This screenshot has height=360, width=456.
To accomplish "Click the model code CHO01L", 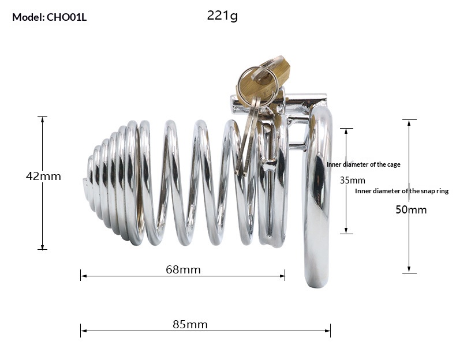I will [66, 17].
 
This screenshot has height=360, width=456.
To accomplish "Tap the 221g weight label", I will [222, 16].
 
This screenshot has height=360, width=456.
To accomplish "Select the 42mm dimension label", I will [43, 177].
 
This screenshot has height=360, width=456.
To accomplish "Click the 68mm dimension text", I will [183, 269].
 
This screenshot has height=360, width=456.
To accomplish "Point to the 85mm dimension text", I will [190, 324].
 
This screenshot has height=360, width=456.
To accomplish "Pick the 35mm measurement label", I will [352, 180].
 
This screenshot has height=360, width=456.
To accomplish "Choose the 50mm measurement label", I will [411, 209].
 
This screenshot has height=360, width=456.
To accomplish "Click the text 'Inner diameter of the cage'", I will [364, 164].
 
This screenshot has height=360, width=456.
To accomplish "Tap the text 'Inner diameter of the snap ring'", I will [401, 191].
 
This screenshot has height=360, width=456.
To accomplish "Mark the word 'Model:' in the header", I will [28, 17].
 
